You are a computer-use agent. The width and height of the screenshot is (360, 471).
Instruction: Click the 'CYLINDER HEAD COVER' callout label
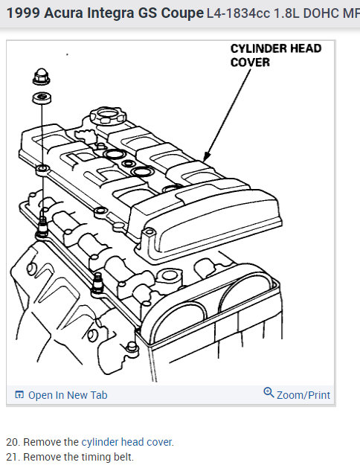(275, 55)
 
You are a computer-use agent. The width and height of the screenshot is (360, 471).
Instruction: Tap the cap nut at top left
(42, 77)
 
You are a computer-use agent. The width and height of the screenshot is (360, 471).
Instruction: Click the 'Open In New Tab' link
(67, 395)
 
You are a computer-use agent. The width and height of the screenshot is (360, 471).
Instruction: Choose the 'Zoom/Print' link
(303, 395)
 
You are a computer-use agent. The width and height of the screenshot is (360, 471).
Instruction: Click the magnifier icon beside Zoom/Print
(269, 394)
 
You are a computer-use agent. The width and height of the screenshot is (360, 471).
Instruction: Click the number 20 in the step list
(11, 442)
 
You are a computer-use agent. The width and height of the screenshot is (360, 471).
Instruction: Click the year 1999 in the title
(23, 13)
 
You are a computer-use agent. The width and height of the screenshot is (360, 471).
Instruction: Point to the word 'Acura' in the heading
(67, 13)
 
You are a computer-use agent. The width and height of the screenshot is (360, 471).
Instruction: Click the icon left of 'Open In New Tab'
(19, 395)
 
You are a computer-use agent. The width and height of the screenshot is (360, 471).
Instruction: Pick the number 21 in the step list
(11, 457)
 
